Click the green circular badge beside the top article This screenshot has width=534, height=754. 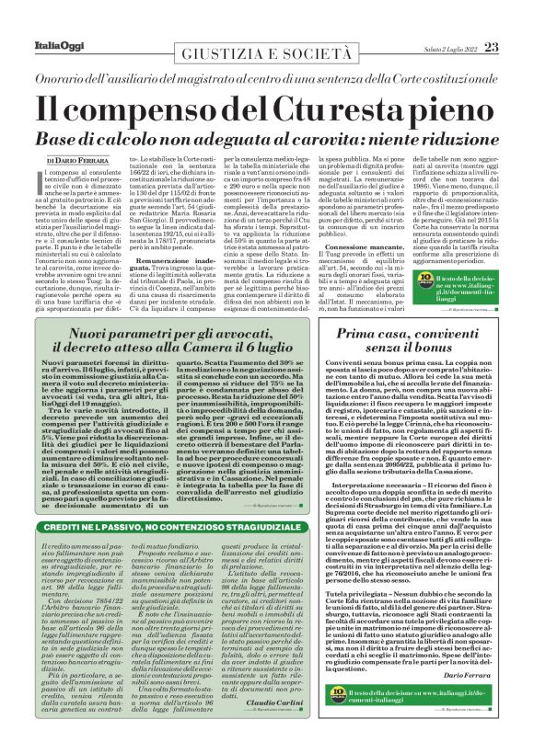click(x=440, y=280)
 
